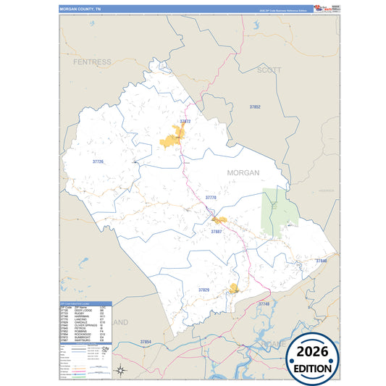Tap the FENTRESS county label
(x=92, y=62)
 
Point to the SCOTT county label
(x=269, y=70)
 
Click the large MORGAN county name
(x=243, y=172)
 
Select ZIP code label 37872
(x=185, y=122)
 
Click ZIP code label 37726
(x=98, y=161)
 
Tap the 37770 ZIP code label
(x=211, y=197)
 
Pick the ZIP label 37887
(x=216, y=231)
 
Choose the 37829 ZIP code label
(x=204, y=290)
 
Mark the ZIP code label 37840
(x=322, y=260)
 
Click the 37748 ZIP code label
(x=263, y=303)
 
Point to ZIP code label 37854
(x=146, y=341)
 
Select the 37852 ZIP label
(x=254, y=106)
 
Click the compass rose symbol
(x=122, y=372)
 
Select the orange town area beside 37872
(x=173, y=138)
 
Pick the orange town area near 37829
(x=234, y=288)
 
